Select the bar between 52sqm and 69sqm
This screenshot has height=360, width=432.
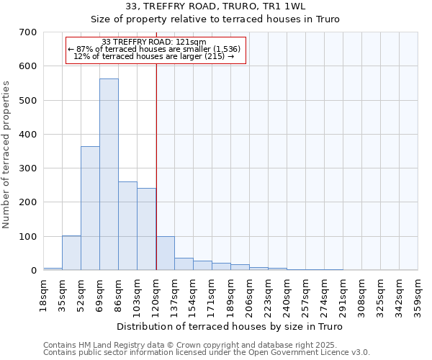90,208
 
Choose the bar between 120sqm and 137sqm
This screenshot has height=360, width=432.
165,253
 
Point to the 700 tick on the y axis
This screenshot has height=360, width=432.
29,32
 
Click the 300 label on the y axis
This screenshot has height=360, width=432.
29,168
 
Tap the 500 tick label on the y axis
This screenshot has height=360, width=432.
29,100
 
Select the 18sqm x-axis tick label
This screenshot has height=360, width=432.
44,294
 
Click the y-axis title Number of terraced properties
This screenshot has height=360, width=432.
6,155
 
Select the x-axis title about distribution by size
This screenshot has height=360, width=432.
229,327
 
